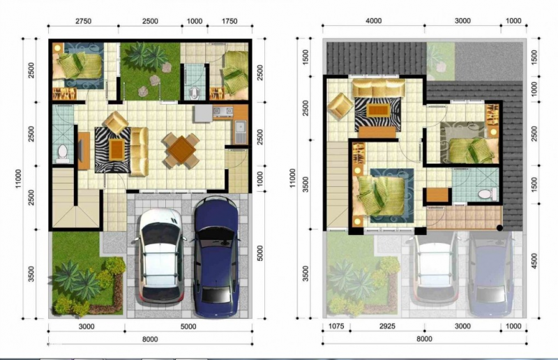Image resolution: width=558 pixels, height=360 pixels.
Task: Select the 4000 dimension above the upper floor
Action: point(373,22)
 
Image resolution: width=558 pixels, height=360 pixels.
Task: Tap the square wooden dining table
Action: point(181,148)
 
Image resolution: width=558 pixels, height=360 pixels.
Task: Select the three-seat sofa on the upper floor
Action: point(378,89)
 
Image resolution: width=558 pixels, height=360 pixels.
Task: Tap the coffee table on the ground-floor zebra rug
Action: point(115,147)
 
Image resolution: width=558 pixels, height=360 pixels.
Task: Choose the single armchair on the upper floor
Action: point(340,107)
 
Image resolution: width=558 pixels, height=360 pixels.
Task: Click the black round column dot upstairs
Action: point(500,227)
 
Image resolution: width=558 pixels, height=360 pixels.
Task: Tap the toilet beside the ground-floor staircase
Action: point(61,151)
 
